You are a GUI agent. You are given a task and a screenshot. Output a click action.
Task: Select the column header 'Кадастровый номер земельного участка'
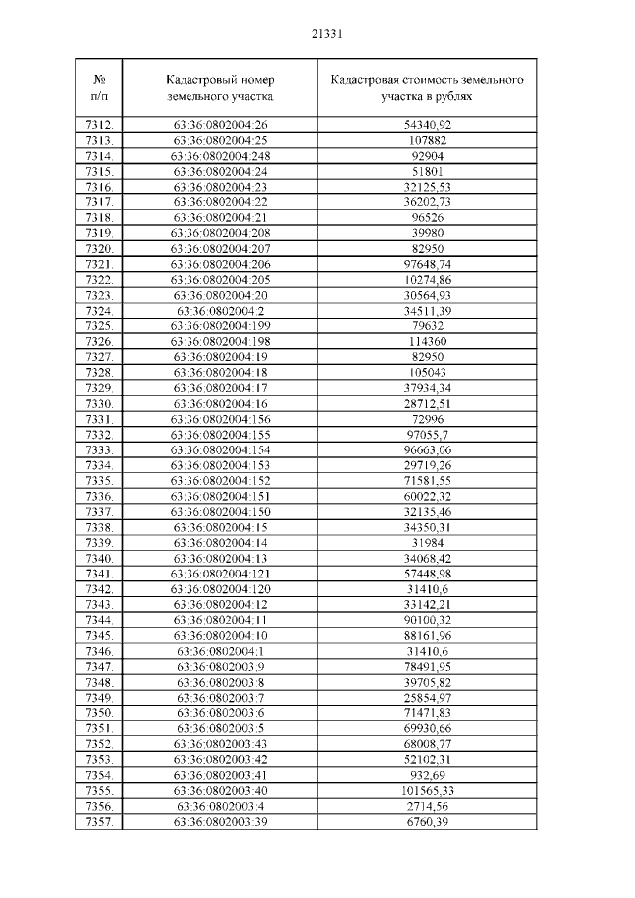(x=221, y=88)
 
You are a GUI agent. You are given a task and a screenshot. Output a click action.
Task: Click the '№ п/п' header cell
(x=99, y=88)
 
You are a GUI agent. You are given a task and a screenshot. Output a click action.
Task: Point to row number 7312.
(x=99, y=124)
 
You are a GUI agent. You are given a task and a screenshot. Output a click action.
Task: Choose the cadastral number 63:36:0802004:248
(x=221, y=156)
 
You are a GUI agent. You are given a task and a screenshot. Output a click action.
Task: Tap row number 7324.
(x=99, y=310)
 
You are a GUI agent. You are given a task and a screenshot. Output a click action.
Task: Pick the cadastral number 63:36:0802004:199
(x=221, y=325)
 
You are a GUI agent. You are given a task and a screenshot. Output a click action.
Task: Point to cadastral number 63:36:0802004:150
(x=221, y=511)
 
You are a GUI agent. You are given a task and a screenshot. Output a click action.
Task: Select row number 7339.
(x=99, y=543)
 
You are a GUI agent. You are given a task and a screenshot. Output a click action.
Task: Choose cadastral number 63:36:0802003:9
(x=221, y=667)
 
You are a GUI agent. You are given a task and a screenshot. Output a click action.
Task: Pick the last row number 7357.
(x=99, y=822)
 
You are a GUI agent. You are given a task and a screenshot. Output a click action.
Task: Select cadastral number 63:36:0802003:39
(x=221, y=822)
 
